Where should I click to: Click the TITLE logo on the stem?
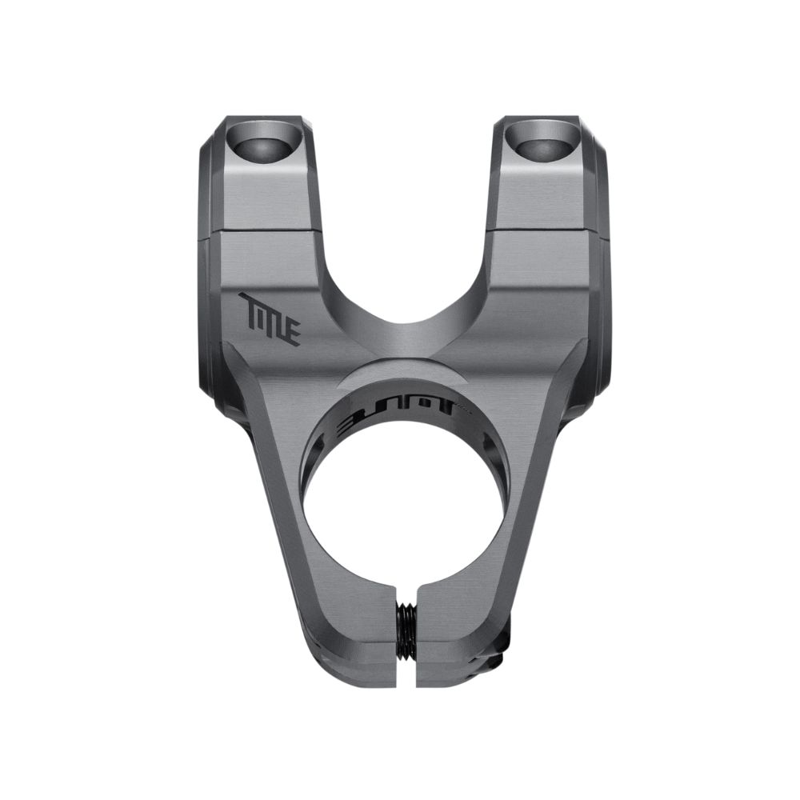coord(270,318)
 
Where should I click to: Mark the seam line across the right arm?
coord(544,232)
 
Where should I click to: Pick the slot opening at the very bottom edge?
coord(407,680)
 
